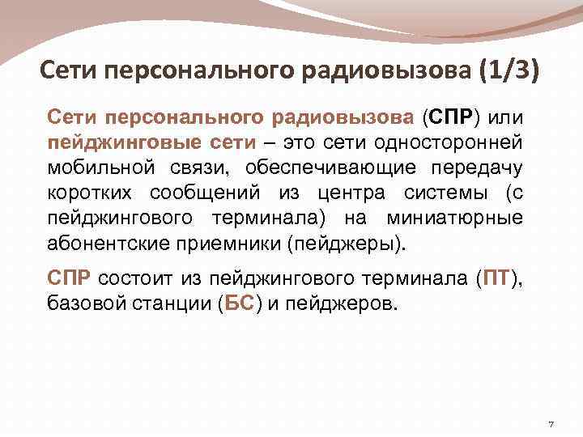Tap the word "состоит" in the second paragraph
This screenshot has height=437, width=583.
click(132, 280)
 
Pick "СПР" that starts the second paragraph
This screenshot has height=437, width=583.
click(70, 280)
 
